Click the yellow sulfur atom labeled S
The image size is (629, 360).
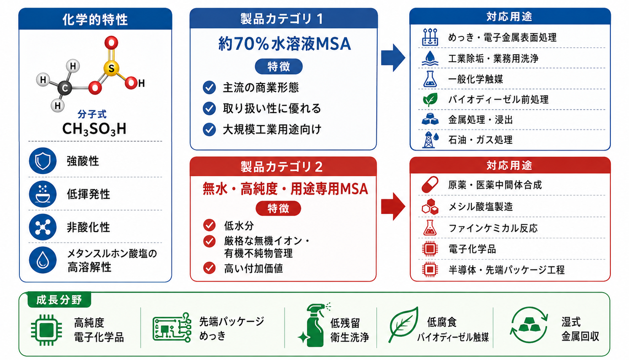click(x=111, y=68)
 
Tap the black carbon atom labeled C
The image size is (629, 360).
click(x=65, y=88)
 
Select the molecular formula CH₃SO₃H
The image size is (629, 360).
click(x=94, y=129)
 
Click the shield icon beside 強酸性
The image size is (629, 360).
click(x=43, y=161)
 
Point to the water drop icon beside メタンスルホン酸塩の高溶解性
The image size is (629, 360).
click(x=43, y=260)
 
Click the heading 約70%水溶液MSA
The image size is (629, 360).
click(x=285, y=44)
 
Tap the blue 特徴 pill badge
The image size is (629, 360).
click(x=279, y=67)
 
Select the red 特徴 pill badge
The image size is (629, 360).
click(x=278, y=208)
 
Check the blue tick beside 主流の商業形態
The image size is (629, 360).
click(x=209, y=88)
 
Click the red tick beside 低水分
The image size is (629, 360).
click(x=209, y=225)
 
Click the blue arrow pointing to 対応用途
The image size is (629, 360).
click(x=393, y=58)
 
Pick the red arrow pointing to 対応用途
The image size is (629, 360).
click(x=393, y=207)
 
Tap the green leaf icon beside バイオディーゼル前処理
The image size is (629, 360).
click(x=430, y=99)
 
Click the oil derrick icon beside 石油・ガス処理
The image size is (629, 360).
click(x=430, y=140)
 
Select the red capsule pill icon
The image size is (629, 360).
click(x=430, y=185)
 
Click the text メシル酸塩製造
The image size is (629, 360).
click(x=481, y=207)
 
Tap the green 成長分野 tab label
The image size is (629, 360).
click(x=59, y=300)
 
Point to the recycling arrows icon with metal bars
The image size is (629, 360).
click(x=529, y=325)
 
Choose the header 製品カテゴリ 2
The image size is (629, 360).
click(x=282, y=167)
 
